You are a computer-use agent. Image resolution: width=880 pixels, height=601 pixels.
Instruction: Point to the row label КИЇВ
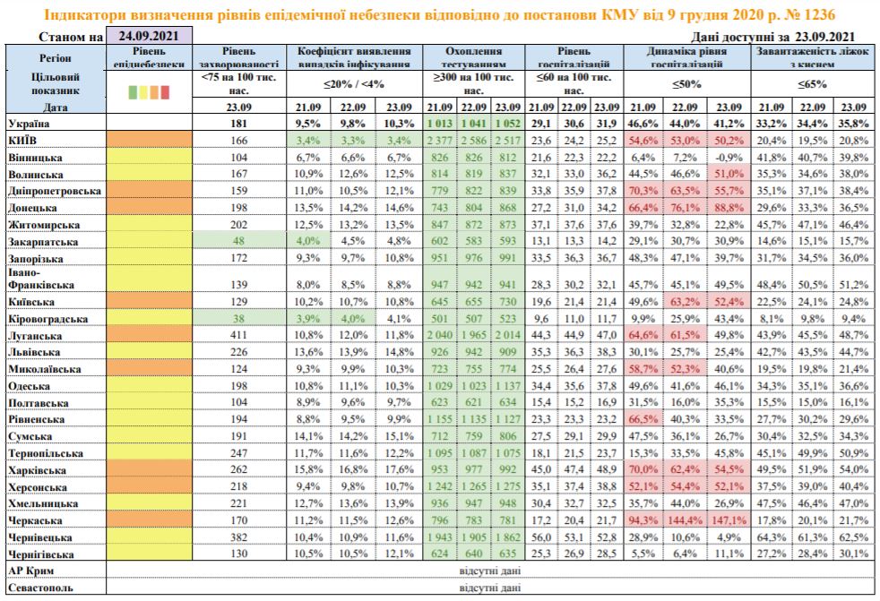pyautogui.click(x=22, y=141)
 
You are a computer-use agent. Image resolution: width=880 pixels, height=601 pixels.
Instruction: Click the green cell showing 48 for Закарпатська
pyautogui.click(x=237, y=241)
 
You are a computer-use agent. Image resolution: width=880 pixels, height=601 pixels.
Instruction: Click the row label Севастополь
pyautogui.click(x=39, y=588)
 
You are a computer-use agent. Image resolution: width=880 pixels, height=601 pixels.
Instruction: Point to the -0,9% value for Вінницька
pyautogui.click(x=727, y=157)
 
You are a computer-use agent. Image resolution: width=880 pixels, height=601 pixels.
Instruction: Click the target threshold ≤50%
pyautogui.click(x=686, y=85)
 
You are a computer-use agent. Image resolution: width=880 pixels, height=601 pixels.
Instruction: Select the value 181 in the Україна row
pyautogui.click(x=237, y=124)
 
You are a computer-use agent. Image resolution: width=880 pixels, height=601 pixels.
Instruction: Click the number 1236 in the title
pyautogui.click(x=823, y=15)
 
